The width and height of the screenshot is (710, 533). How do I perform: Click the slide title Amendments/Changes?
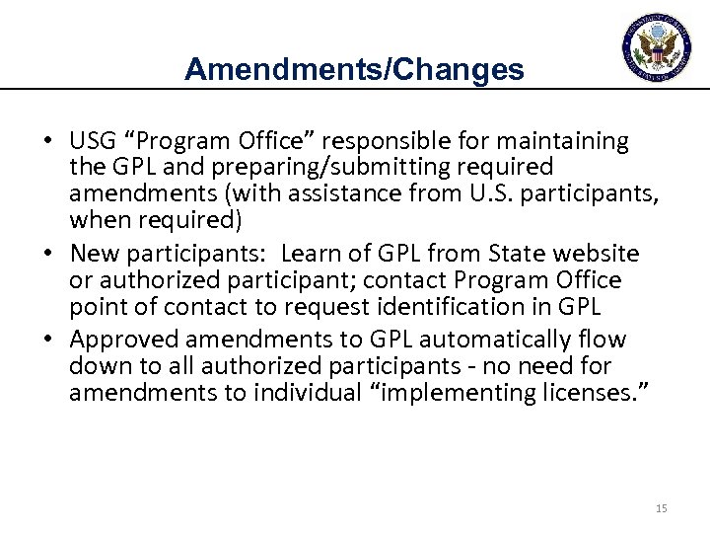[x=353, y=68]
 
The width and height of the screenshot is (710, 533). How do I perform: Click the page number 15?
[x=661, y=508]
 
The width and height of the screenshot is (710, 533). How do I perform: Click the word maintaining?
[x=560, y=142]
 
